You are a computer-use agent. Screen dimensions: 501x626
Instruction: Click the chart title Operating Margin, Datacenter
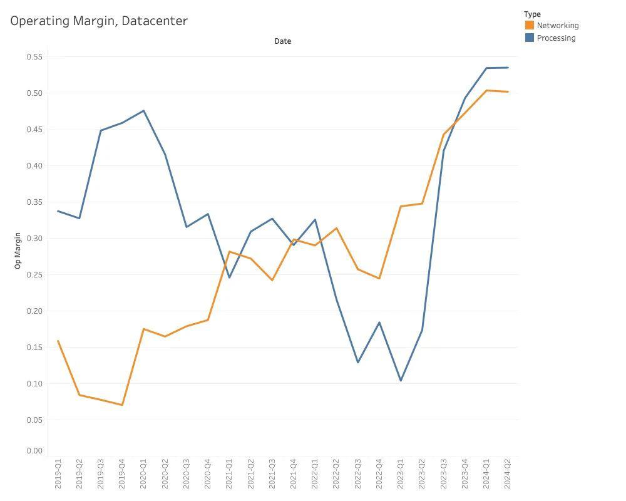point(99,21)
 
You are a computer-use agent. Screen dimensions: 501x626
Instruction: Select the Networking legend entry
point(557,26)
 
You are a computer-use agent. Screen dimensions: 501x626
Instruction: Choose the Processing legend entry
point(556,38)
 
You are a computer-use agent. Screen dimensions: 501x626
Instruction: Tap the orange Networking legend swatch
point(530,26)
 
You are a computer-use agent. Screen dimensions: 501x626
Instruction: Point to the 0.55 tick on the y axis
point(34,57)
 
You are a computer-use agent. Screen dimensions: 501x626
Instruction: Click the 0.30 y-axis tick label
point(34,239)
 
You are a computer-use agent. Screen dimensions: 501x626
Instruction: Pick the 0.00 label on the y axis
point(34,451)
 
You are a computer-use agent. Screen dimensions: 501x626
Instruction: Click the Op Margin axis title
point(18,250)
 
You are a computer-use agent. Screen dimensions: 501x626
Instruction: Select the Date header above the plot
point(282,41)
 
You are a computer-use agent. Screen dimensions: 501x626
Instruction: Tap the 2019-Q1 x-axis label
point(58,473)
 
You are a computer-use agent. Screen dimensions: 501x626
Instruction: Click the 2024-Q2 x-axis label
point(508,473)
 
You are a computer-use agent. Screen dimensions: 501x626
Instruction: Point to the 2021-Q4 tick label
point(294,473)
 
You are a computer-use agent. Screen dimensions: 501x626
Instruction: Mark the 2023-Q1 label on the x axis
point(401,473)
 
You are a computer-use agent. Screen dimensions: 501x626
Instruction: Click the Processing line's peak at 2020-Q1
point(144,111)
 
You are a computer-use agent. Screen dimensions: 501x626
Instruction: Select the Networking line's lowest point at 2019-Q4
point(122,405)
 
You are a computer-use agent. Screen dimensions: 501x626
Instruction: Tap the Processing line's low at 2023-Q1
point(401,381)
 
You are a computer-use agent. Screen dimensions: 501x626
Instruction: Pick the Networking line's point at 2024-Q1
point(486,91)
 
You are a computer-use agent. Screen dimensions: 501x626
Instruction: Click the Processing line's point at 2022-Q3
point(358,362)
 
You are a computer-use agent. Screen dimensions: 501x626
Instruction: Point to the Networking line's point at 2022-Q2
point(337,228)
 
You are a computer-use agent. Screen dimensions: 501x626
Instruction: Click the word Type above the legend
point(532,14)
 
